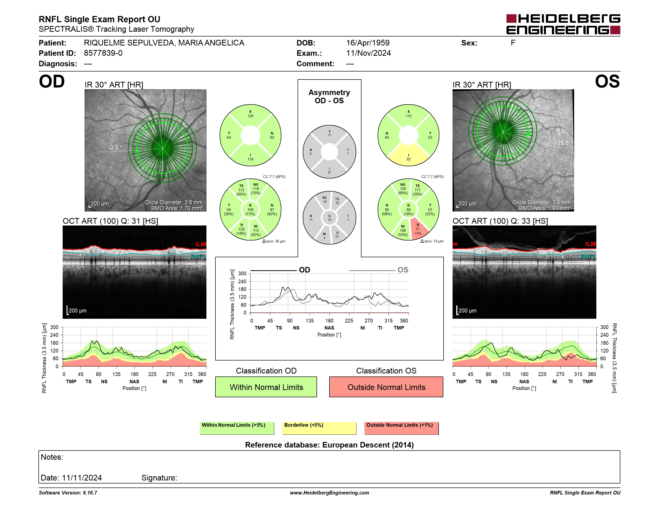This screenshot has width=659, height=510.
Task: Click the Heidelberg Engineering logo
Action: coord(563,24)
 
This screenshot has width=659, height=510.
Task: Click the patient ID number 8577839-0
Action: coord(103,53)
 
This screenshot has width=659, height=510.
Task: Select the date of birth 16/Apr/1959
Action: coord(368,43)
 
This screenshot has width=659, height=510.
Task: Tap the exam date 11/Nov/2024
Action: coord(368,53)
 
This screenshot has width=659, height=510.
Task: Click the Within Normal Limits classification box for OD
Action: coord(266,387)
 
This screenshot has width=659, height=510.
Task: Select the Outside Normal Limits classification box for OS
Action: coord(386,387)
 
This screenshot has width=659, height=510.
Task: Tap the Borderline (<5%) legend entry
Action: coord(319,428)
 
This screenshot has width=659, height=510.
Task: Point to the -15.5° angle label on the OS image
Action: coord(564,143)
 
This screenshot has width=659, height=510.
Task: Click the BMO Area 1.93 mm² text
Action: coord(545,208)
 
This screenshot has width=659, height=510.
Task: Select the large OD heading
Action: coord(52,81)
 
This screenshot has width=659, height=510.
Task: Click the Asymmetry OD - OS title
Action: coord(329,96)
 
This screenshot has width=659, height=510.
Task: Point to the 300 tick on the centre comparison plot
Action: coord(242,273)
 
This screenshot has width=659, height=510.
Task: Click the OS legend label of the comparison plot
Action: coord(403,270)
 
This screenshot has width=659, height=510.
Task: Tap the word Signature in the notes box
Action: coord(159,478)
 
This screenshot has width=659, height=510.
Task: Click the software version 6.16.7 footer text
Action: coord(68,493)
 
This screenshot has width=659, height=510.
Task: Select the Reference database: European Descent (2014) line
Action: coord(329,445)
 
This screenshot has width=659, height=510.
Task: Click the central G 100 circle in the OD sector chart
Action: coord(250,209)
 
